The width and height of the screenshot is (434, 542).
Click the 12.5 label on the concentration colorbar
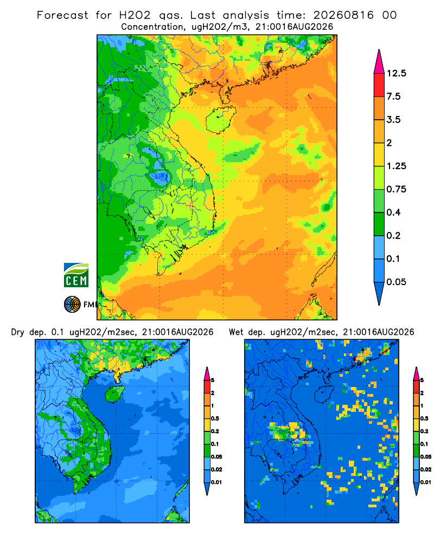point(396,73)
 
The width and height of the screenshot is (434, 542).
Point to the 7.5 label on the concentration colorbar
point(393,96)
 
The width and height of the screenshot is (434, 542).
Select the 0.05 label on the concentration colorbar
point(396,282)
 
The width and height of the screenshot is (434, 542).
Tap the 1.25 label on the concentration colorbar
point(396,166)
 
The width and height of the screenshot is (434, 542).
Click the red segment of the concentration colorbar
point(379,85)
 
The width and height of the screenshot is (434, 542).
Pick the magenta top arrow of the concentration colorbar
point(379,62)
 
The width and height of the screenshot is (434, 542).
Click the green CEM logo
point(76,275)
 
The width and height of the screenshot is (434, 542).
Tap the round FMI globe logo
point(72,304)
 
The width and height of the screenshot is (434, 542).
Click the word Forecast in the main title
point(62,15)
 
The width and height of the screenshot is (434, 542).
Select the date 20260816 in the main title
point(343,15)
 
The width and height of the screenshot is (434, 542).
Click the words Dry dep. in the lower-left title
point(29,332)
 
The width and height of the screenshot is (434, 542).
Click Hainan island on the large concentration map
point(220,120)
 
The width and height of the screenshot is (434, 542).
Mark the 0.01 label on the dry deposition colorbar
point(216,482)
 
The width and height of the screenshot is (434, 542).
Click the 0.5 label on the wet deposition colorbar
point(424,418)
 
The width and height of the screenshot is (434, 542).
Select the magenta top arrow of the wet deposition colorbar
point(416,373)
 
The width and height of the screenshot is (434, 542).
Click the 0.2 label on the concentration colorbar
point(393,235)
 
